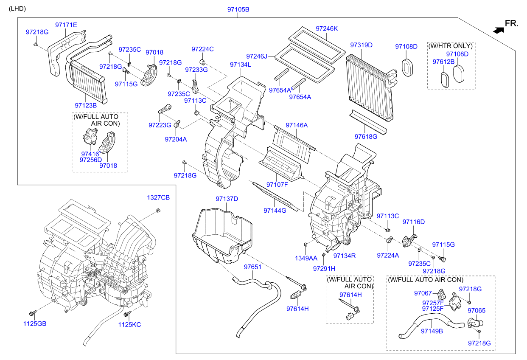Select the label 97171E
pyautogui.click(x=66, y=25)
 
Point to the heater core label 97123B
pyautogui.click(x=86, y=105)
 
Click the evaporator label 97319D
pyautogui.click(x=361, y=45)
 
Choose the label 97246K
pyautogui.click(x=327, y=28)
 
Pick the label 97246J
pyautogui.click(x=257, y=56)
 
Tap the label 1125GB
pyautogui.click(x=35, y=324)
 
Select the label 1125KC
pyautogui.click(x=129, y=325)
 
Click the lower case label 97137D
pyautogui.click(x=227, y=199)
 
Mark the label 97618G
pyautogui.click(x=366, y=137)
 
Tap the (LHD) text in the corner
pyautogui.click(x=17, y=8)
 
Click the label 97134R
pyautogui.click(x=344, y=256)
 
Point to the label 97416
pyautogui.click(x=90, y=154)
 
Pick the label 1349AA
pyautogui.click(x=306, y=258)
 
